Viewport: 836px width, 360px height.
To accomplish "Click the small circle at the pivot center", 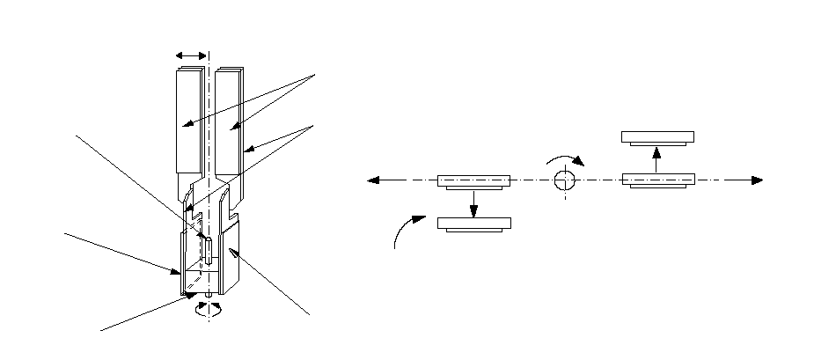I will tap(564, 180).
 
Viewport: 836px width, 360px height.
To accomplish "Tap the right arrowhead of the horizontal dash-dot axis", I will tap(757, 180).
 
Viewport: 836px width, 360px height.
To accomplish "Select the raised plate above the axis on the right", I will tap(657, 137).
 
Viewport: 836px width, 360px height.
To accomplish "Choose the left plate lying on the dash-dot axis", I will tap(473, 181).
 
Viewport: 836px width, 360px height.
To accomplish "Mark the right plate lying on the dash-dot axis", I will tap(658, 180).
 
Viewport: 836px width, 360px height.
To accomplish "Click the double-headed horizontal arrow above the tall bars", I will tap(192, 55).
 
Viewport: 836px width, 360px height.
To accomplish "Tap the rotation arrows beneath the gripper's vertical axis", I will tap(209, 308).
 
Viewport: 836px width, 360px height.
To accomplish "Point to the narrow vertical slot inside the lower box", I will tap(206, 249).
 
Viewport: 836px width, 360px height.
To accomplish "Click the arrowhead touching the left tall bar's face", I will tap(187, 126).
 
